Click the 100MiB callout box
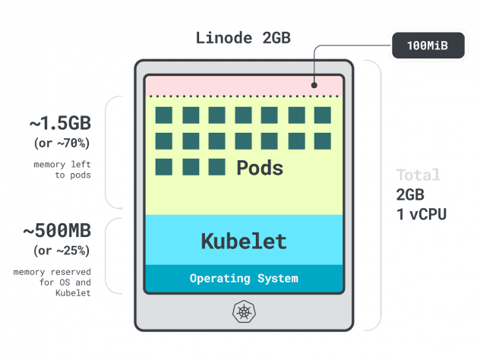(427, 46)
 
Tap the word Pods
(260, 168)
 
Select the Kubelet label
(244, 242)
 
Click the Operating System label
(244, 278)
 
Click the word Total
(418, 175)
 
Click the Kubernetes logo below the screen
(244, 311)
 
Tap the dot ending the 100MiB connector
(314, 85)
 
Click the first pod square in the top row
(165, 115)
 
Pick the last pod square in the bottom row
(217, 167)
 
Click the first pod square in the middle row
(165, 141)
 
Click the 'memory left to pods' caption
(62, 169)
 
